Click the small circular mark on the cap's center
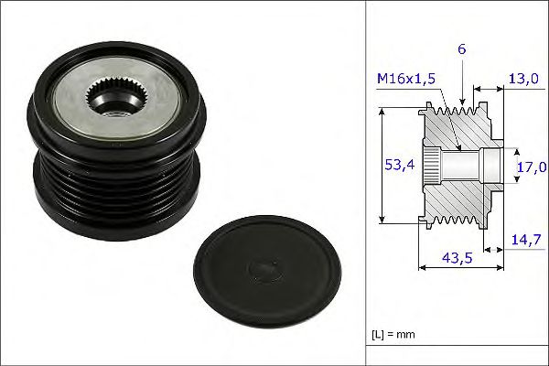point(264,268)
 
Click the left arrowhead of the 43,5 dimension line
point(422,267)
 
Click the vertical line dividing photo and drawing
point(365,183)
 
